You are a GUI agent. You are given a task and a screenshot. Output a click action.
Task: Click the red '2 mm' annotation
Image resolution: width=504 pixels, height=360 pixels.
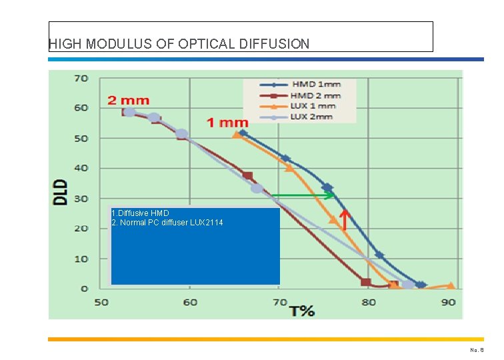coord(128,101)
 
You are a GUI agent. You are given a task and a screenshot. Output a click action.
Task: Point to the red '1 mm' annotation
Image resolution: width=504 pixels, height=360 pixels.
coord(227,122)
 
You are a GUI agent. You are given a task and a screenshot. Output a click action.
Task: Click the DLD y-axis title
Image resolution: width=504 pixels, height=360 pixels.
coord(61,191)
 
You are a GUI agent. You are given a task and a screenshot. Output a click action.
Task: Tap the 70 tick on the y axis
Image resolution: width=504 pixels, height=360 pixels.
coord(81,78)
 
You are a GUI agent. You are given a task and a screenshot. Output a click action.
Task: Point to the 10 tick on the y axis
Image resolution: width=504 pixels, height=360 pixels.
coord(81,259)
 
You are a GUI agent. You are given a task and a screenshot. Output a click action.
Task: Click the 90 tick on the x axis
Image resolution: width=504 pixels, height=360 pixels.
coord(447,302)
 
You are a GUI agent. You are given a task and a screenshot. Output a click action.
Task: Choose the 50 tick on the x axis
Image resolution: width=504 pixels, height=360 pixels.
coord(101,302)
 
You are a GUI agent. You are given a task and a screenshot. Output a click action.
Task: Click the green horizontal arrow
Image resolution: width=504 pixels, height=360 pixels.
coord(303,195)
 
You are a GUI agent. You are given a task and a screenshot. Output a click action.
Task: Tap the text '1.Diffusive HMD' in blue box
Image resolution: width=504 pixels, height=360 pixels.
coord(140,213)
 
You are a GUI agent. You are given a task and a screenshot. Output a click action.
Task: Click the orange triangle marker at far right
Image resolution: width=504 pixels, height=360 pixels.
coord(451,286)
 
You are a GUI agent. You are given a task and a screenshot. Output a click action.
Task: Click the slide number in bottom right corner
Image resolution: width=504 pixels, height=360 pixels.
coord(476,349)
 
